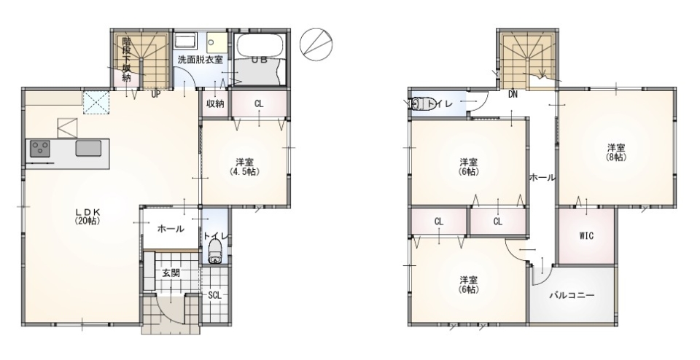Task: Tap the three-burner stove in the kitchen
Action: point(40,148)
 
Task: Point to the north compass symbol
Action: point(316,44)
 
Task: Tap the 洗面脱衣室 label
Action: point(200,60)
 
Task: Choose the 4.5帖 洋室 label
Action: point(245,167)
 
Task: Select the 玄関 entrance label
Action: point(171,273)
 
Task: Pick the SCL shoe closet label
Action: point(214,295)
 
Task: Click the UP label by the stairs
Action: point(155,94)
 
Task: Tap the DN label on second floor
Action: point(513,95)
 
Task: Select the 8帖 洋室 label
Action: point(616,152)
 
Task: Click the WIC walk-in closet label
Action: point(586,235)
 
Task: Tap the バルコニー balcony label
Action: point(572,295)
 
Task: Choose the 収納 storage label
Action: point(214,103)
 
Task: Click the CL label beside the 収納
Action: point(259,104)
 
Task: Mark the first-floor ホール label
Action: point(170,230)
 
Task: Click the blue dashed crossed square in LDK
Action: point(96,102)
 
